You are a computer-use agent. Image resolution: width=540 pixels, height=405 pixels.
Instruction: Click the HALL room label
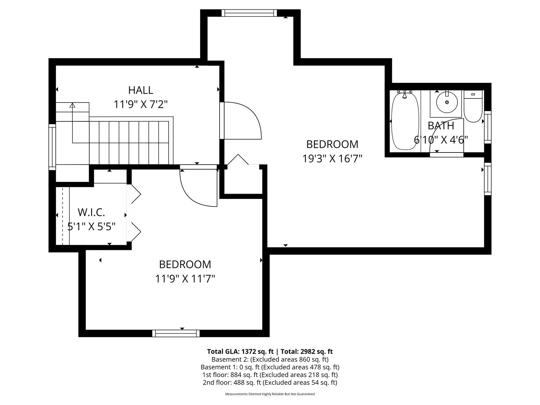click(141, 90)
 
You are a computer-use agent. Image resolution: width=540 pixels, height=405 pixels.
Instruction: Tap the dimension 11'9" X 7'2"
click(141, 104)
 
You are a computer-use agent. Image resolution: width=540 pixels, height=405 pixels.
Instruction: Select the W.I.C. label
click(91, 212)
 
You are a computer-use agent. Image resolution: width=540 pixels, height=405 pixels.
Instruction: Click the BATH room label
click(441, 126)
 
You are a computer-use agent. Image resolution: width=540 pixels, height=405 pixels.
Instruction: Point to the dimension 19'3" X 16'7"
click(332, 158)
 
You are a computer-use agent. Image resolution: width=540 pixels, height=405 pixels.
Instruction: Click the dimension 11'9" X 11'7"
click(185, 279)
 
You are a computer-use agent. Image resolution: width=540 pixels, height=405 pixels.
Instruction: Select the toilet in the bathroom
click(473, 106)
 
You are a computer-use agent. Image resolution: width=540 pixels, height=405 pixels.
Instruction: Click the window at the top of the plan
click(249, 13)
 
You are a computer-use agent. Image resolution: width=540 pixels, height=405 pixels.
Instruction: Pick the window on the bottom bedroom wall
click(176, 333)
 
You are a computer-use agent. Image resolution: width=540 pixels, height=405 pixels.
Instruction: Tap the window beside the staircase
click(52, 147)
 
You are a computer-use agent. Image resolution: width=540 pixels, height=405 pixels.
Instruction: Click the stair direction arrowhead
click(72, 105)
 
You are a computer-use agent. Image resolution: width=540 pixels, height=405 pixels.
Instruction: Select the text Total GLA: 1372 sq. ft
click(240, 352)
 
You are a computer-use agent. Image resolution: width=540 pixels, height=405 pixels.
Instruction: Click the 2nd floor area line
click(270, 383)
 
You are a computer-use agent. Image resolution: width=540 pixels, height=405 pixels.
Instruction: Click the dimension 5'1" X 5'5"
click(91, 226)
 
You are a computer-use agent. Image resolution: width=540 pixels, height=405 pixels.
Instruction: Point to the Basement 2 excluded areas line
click(270, 359)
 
